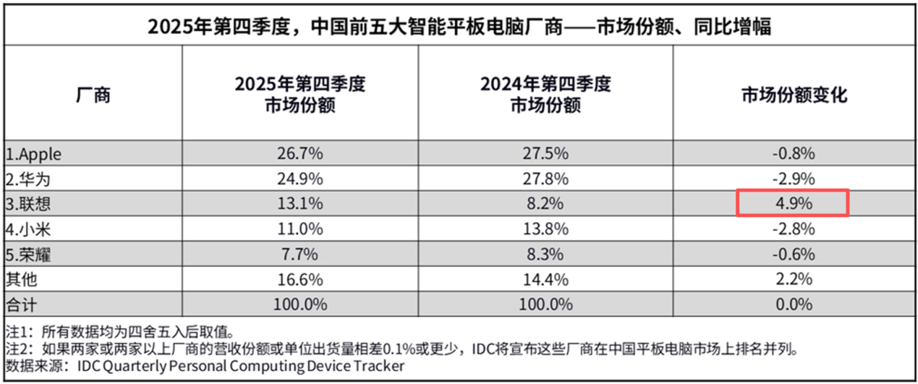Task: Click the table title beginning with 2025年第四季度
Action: coord(459,27)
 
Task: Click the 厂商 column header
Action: coord(93,95)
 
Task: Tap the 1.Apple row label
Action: coord(34,154)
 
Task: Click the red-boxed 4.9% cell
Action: coord(792,203)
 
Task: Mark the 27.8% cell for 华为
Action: coord(545,179)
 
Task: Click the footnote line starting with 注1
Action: coord(119,333)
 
